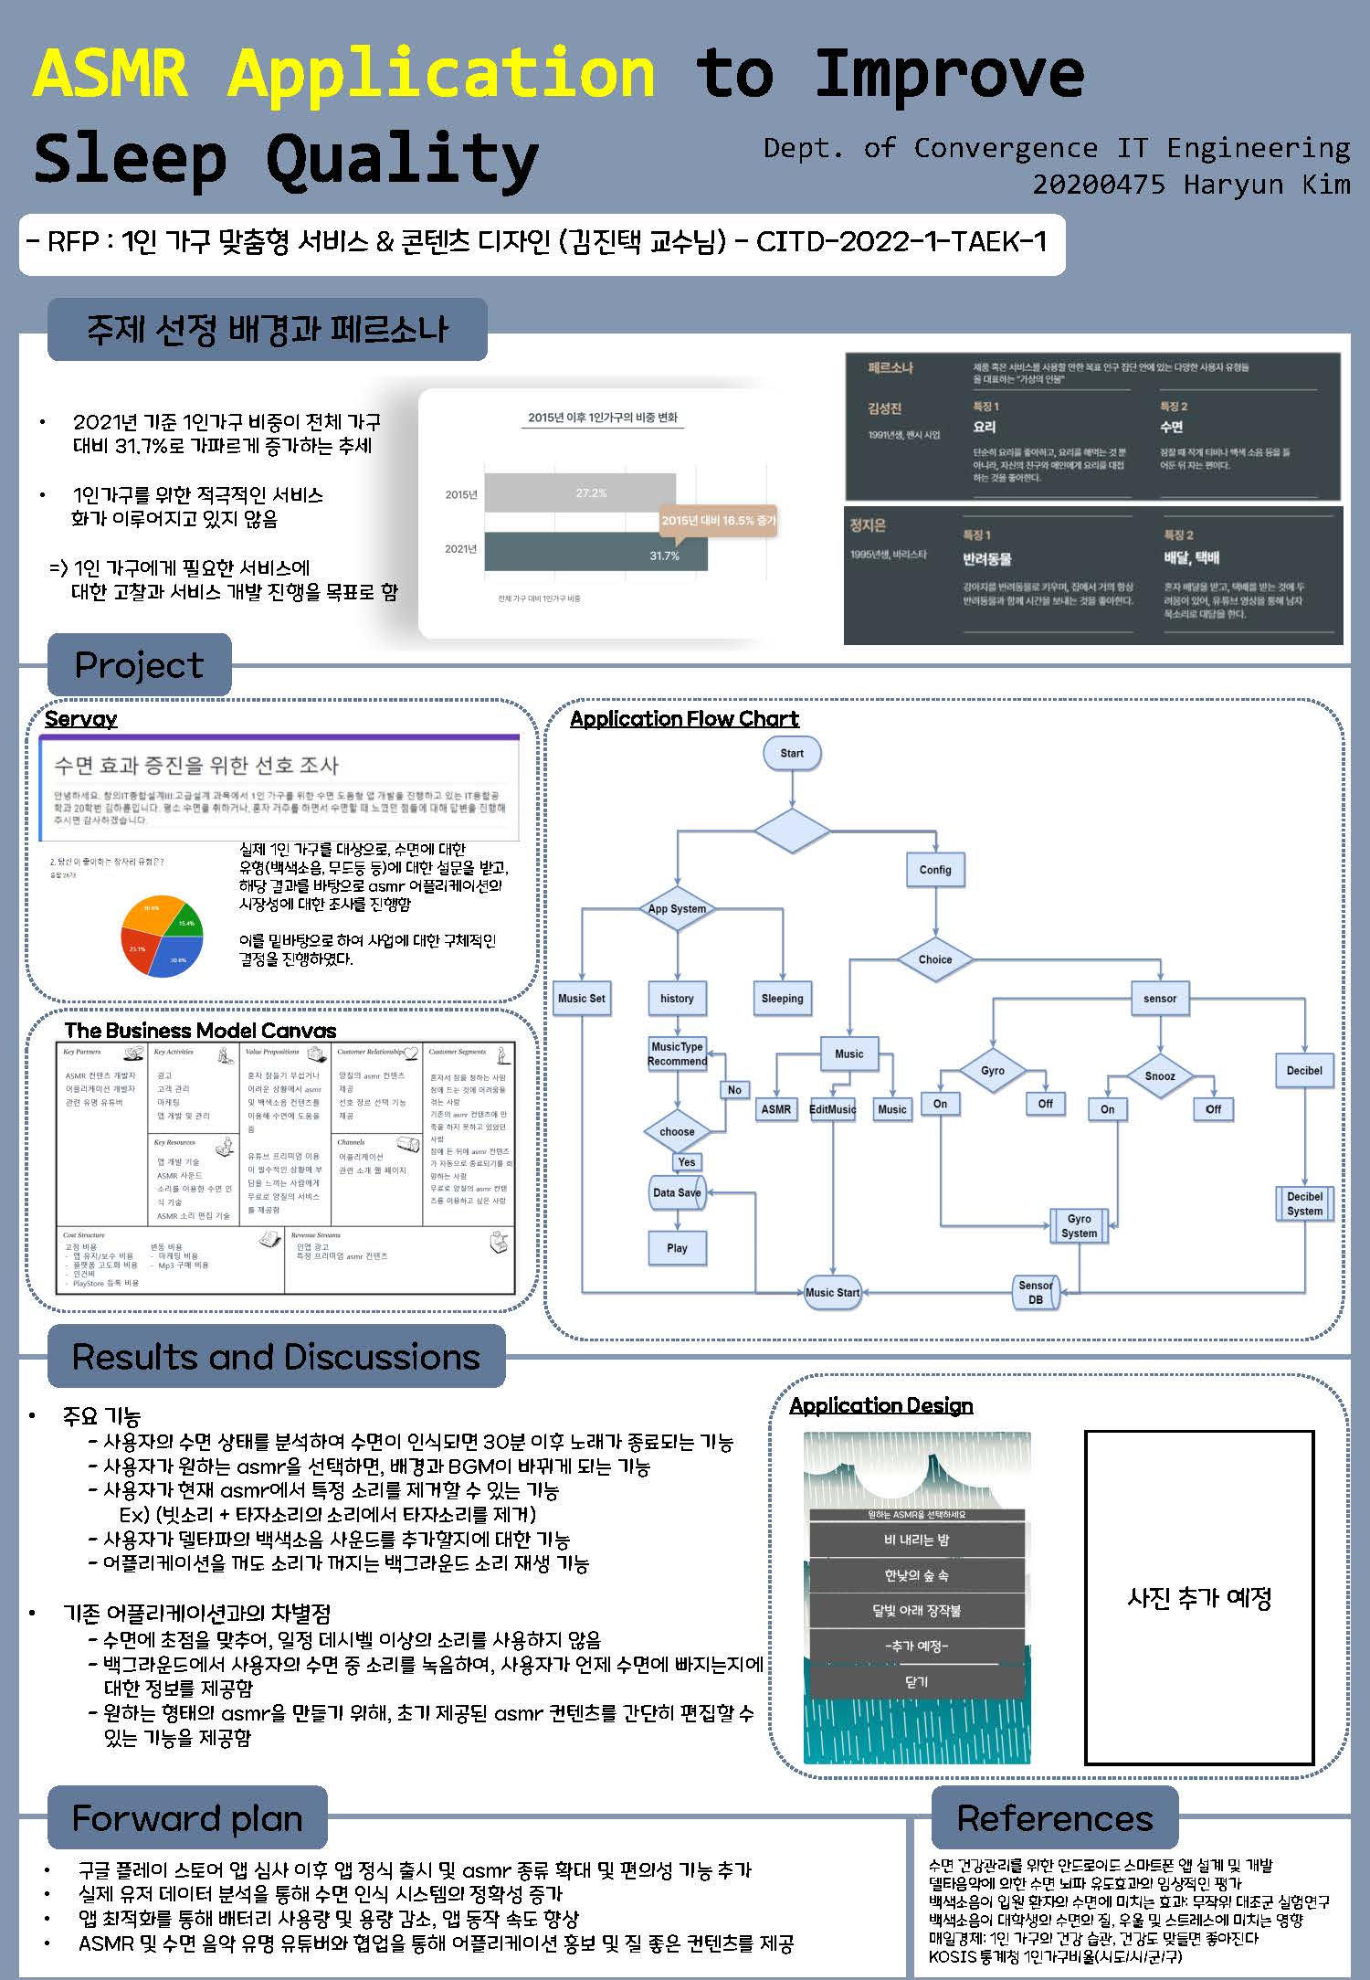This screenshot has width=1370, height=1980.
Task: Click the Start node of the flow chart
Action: (x=791, y=754)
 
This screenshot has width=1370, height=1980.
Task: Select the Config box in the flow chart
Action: (x=934, y=870)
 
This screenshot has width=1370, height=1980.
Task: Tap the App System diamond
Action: (x=677, y=908)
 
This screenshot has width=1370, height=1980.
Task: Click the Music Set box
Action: (x=582, y=999)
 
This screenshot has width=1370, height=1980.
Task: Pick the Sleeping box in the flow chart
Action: (x=782, y=999)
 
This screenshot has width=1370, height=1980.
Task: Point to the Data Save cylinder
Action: (x=677, y=1192)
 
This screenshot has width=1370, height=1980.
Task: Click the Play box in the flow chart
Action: (x=677, y=1248)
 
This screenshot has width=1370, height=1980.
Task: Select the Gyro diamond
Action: (x=992, y=1071)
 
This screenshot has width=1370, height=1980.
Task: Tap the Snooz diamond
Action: (x=1160, y=1075)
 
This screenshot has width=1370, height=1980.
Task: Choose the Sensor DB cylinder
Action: (x=1036, y=1292)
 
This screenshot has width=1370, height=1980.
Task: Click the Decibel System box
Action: (x=1304, y=1203)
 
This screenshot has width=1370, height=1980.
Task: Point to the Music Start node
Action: (x=832, y=1292)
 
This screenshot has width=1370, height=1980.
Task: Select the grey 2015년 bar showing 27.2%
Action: (x=580, y=493)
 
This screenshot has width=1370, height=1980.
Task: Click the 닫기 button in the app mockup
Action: (x=916, y=1681)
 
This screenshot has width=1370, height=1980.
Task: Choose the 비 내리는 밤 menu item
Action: (x=916, y=1540)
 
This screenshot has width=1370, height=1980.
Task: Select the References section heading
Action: (x=1055, y=1818)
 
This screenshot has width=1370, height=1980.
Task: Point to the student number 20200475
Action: (x=1099, y=185)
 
